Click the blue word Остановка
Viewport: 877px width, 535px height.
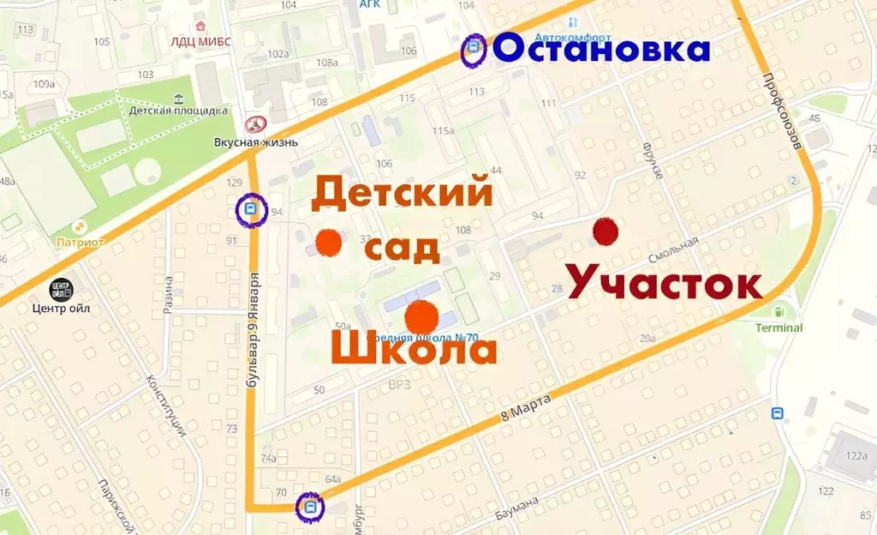click(601, 49)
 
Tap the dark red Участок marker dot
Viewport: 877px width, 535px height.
click(606, 230)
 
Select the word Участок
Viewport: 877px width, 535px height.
click(663, 280)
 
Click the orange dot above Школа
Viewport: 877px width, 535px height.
click(421, 317)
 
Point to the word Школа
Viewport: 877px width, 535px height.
click(414, 351)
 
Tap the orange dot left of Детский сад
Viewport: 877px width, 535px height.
click(327, 243)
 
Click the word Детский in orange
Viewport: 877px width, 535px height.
click(401, 194)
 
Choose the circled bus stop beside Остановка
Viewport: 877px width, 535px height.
click(472, 51)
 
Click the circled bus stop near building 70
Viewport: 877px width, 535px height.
click(310, 507)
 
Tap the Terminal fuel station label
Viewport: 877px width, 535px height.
click(779, 327)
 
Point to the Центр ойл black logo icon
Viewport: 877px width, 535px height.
click(60, 289)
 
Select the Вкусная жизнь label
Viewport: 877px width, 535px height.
click(256, 141)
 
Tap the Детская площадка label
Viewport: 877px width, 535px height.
click(178, 111)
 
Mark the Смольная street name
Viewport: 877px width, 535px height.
click(673, 249)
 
